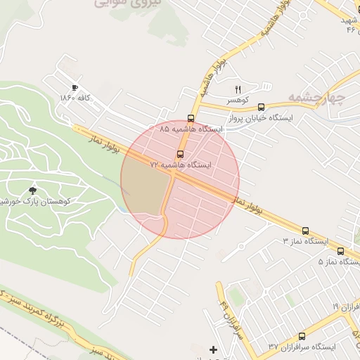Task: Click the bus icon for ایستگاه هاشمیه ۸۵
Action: (191, 118)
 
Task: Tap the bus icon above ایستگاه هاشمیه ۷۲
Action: (181, 153)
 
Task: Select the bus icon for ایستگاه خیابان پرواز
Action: (262, 107)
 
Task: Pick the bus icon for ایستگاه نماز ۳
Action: (305, 230)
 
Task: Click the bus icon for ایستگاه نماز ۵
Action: (341, 250)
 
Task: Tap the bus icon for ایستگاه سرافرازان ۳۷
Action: (302, 336)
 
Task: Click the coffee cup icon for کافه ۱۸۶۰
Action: (75, 87)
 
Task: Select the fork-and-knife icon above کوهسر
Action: (238, 89)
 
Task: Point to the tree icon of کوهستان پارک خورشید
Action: (32, 190)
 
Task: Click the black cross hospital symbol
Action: (214, 349)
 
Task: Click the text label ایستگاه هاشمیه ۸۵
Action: (191, 130)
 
